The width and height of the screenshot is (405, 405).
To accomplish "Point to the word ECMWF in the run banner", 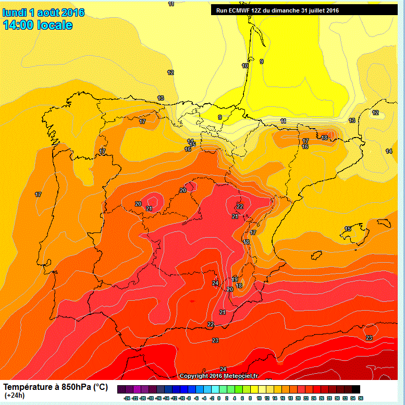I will [239, 9].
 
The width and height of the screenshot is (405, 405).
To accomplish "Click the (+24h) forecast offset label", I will [14, 396].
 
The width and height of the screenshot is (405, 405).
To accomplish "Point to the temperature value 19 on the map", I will [235, 280].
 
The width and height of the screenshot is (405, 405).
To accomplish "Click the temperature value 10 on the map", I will [245, 66].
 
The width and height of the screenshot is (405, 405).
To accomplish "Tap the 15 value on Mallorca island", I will [348, 229].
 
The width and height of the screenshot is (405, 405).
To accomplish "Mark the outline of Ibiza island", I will [316, 255].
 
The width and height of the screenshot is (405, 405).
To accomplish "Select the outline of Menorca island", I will [384, 223].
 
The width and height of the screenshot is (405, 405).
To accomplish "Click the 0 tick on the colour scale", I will [219, 398].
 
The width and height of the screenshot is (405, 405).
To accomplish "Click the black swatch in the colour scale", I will [355, 389].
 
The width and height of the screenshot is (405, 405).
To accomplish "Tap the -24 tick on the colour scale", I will [127, 398].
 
